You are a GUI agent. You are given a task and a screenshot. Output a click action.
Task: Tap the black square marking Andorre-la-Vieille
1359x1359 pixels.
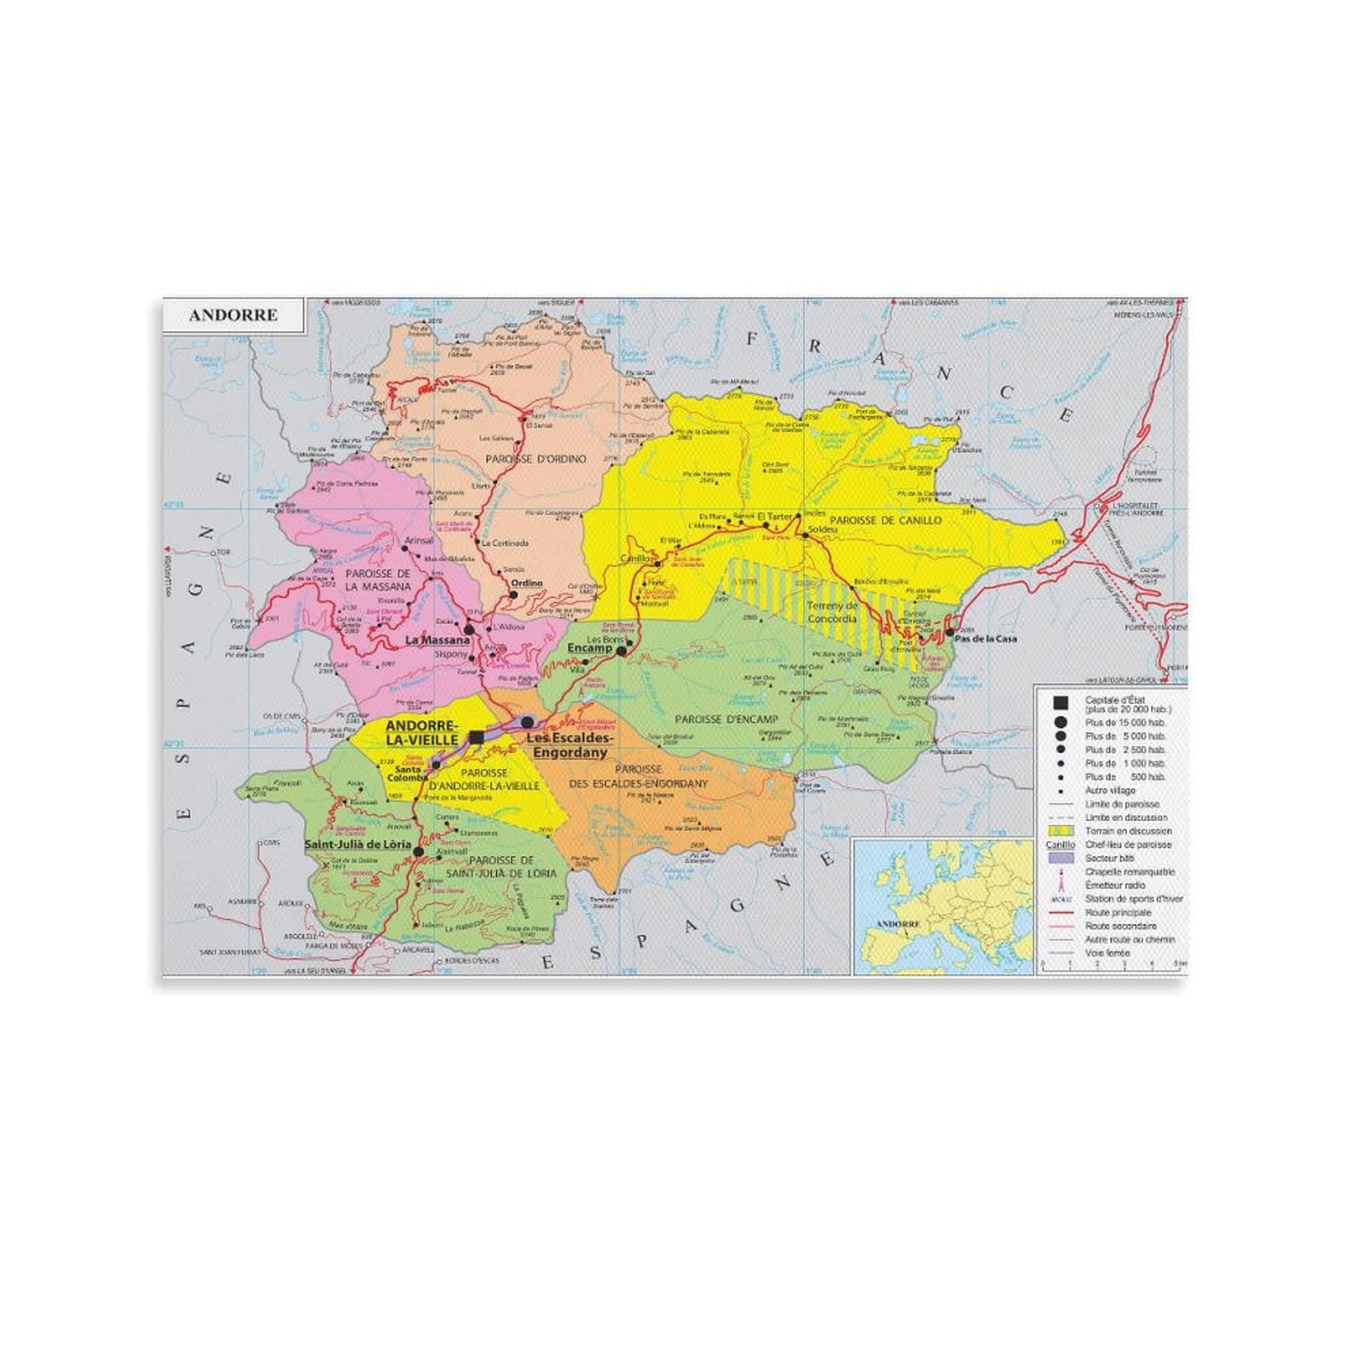[476, 737]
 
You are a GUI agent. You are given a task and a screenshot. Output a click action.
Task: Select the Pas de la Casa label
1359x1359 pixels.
[985, 639]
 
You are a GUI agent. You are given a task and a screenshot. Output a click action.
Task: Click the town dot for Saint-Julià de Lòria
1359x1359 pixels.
[418, 849]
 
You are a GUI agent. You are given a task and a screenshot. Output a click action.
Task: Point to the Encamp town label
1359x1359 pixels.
[589, 648]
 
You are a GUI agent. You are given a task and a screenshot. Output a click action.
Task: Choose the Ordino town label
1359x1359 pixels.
[527, 584]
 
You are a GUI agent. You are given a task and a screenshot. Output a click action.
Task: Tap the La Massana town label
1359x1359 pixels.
[437, 640]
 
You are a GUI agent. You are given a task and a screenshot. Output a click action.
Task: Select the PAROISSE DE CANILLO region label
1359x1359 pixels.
[886, 520]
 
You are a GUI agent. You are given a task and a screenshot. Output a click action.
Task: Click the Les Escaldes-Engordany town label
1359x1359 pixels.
[567, 745]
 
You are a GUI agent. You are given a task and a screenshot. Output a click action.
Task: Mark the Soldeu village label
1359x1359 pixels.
[822, 529]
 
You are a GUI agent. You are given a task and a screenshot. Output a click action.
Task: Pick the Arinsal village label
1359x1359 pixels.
[419, 540]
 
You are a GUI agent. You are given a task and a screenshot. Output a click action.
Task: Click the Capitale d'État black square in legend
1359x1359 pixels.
[1059, 702]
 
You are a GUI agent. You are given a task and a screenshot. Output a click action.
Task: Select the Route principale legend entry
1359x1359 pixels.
[1118, 912]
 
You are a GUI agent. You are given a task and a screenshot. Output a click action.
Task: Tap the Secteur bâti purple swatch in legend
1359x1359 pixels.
[1061, 858]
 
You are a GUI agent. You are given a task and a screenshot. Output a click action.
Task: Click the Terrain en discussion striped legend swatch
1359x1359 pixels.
[1061, 831]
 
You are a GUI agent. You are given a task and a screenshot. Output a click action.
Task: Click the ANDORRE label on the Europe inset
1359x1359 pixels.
[897, 923]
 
